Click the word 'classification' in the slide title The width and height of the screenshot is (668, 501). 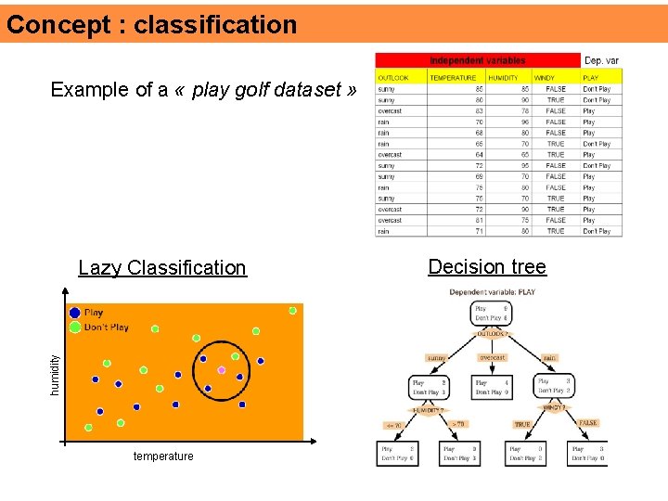click(x=215, y=25)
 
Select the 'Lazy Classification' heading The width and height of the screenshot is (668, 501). click(x=162, y=268)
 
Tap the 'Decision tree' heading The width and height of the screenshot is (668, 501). click(x=487, y=267)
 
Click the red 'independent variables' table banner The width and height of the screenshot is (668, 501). click(x=478, y=60)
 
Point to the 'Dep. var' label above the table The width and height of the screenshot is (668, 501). click(x=601, y=60)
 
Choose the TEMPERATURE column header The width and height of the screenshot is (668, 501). click(x=453, y=78)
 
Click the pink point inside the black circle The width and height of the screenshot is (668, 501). click(x=221, y=370)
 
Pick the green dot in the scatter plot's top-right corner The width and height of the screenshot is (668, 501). click(x=292, y=310)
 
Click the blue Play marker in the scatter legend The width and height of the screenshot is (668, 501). click(x=74, y=314)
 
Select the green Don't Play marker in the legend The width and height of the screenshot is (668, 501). click(x=74, y=327)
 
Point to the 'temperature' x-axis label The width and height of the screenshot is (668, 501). click(x=163, y=456)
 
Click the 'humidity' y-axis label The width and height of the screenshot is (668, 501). click(x=54, y=372)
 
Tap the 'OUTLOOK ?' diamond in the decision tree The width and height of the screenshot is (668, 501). click(x=492, y=334)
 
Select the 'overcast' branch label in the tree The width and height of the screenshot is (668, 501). click(x=492, y=357)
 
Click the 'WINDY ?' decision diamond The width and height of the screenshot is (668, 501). click(x=553, y=406)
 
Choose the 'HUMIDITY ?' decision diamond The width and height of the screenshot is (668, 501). click(x=429, y=409)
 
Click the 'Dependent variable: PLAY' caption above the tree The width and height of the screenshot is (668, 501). click(x=492, y=292)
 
